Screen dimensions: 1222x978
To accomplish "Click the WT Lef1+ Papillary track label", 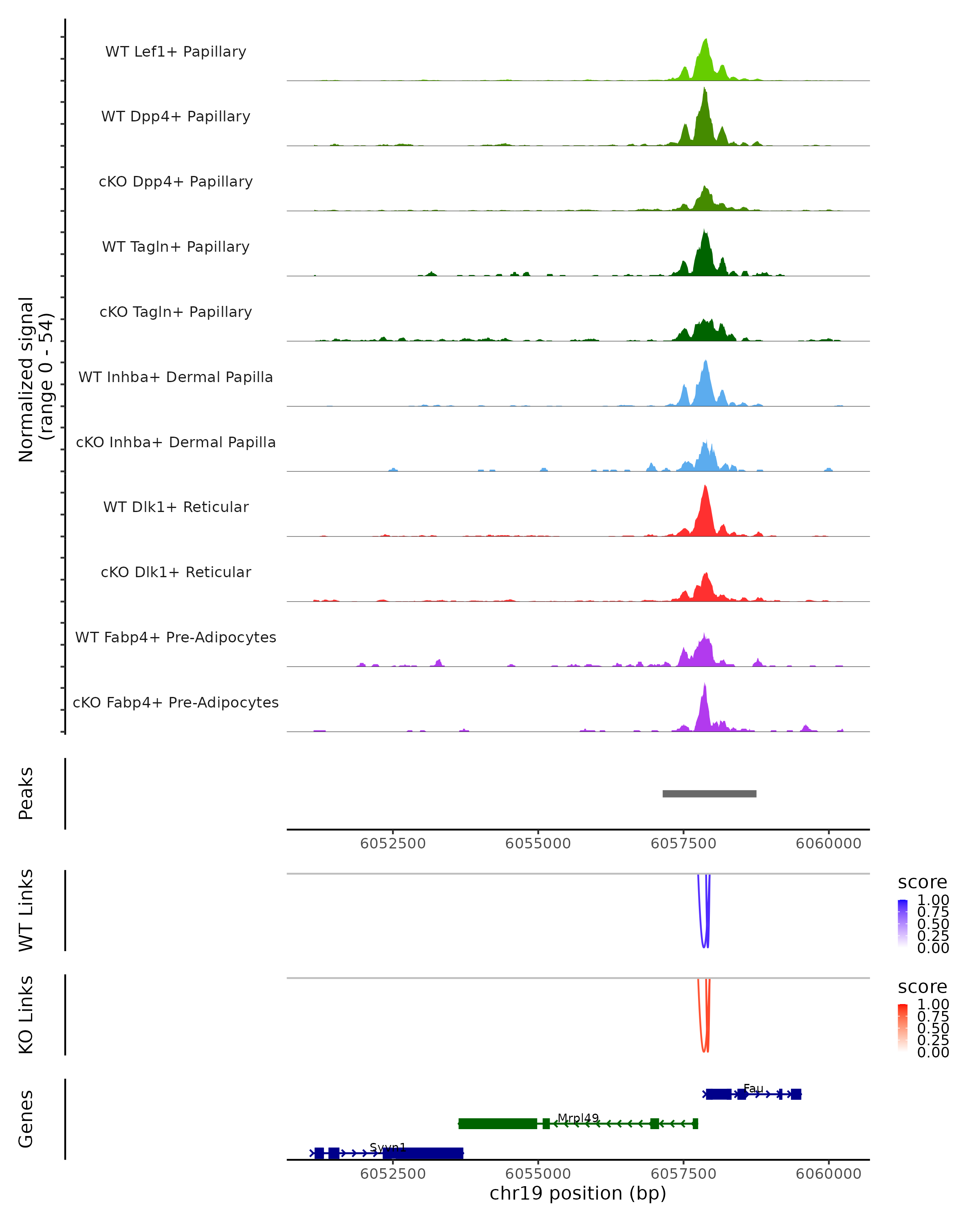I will pos(176,52).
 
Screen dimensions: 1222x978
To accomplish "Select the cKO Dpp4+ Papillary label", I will pos(176,182).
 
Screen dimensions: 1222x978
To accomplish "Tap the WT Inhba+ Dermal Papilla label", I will pos(176,378).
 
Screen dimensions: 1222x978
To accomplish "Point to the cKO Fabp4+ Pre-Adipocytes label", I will pos(176,703).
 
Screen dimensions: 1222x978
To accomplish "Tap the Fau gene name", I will pos(753,1089).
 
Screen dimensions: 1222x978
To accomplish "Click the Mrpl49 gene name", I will pos(578,1118).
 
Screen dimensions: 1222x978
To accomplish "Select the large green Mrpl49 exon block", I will pos(497,1123).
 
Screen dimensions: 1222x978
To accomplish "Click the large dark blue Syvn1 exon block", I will pos(423,1153).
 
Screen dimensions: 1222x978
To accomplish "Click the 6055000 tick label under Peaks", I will pos(537,844).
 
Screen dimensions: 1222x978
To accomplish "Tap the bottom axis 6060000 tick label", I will pos(828,1174).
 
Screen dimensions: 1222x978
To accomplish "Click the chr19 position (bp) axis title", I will pos(578,1193).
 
